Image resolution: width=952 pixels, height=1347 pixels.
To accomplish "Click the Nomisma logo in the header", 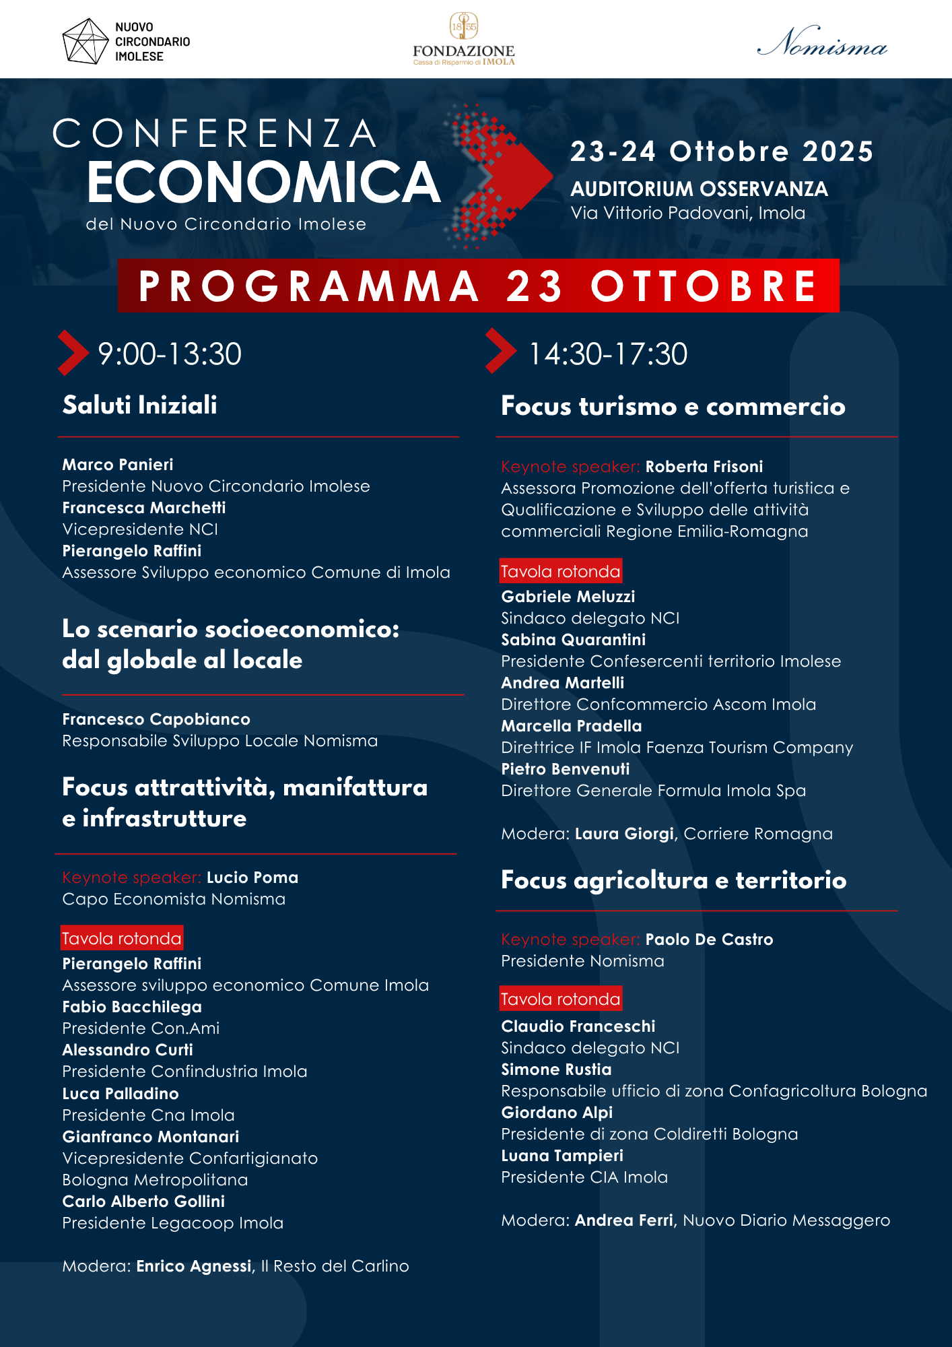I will click(x=822, y=42).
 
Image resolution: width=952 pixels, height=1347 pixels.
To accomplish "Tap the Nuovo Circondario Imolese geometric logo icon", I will click(x=84, y=41).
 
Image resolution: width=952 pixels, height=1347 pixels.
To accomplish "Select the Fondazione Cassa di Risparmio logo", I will click(x=464, y=40).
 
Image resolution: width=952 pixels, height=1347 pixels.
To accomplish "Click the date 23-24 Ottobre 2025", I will click(x=721, y=152).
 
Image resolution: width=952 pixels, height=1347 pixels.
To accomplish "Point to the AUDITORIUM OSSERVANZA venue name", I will click(x=699, y=189).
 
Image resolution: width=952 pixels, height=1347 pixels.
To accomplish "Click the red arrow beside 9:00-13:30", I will click(x=73, y=352).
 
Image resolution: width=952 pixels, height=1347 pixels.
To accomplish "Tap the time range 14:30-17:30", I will click(x=608, y=354).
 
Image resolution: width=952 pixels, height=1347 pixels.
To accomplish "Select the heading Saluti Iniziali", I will click(x=140, y=405).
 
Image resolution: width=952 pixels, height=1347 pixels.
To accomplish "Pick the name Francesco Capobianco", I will click(x=156, y=719).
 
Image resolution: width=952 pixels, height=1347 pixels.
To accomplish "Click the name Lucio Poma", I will click(x=252, y=878).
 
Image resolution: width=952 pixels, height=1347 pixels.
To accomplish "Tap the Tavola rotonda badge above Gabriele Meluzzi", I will click(x=560, y=571).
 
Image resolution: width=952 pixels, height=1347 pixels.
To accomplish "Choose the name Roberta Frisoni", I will click(x=704, y=467).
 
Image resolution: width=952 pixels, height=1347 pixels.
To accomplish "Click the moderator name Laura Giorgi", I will click(x=624, y=834).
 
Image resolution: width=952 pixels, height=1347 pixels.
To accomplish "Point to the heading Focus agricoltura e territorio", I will click(x=673, y=880).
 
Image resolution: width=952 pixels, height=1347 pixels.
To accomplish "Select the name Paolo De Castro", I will click(x=709, y=940).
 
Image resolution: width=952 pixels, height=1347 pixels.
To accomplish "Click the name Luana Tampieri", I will click(x=562, y=1156).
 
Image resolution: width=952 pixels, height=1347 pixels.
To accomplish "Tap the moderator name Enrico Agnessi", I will click(x=194, y=1266).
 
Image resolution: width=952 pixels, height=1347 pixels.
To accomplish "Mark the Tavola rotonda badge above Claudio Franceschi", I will click(x=560, y=999).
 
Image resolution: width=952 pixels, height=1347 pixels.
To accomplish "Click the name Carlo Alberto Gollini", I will click(x=143, y=1202).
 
